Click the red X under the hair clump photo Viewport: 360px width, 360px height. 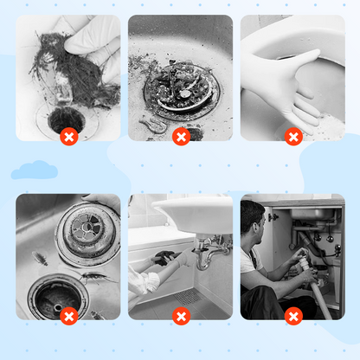(x=69, y=137)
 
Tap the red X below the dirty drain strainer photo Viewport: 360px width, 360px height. (x=181, y=137)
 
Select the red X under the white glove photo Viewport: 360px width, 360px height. (x=293, y=137)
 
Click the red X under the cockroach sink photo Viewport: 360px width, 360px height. (x=69, y=316)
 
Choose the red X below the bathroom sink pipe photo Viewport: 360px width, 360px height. (x=181, y=316)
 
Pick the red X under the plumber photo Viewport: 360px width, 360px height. (x=293, y=316)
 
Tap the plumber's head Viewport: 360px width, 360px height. (x=254, y=216)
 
